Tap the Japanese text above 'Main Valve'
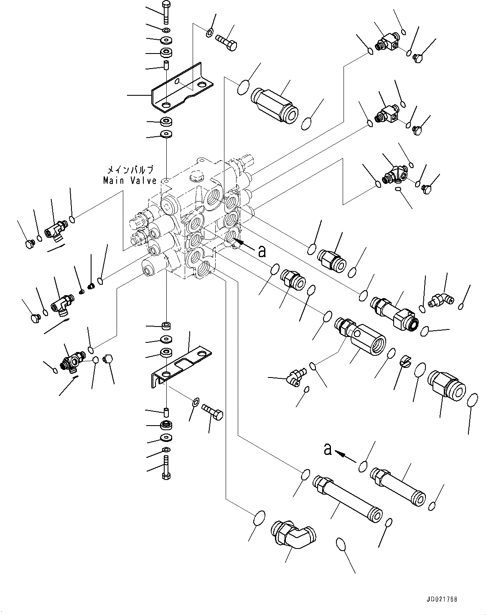tap(130, 170)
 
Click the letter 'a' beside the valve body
tap(262, 251)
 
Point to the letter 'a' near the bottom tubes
tap(328, 449)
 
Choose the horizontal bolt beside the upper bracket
tap(226, 41)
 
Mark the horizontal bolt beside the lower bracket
tap(213, 411)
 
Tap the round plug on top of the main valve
tap(195, 177)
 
